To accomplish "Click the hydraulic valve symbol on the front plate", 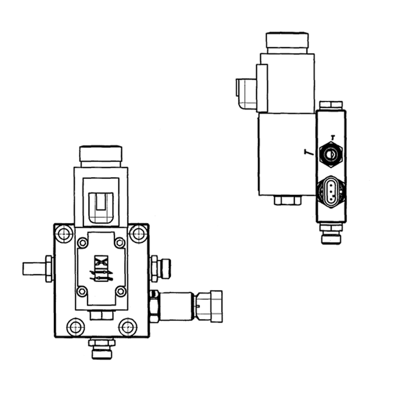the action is pos(101,269).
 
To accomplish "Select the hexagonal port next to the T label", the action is pos(330,154).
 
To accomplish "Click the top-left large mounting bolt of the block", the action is pos(64,234).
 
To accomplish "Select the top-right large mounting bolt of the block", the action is pos(138,234).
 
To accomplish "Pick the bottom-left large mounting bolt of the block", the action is pos(76,327).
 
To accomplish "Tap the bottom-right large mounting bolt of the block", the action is pos(127,327).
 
